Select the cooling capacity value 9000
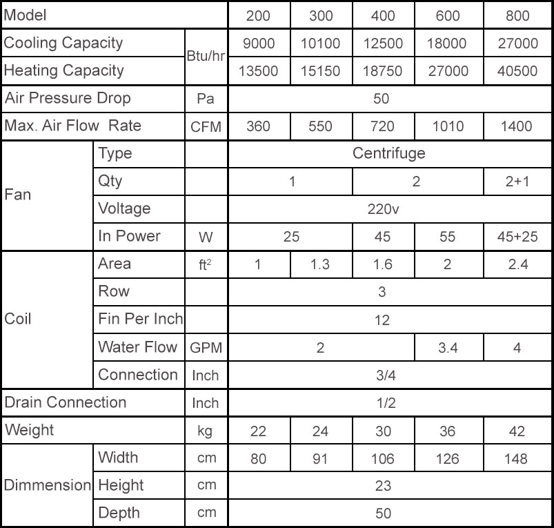click(259, 43)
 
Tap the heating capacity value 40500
click(517, 71)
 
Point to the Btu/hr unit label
click(206, 57)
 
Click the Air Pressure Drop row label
click(68, 98)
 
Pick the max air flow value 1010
click(447, 126)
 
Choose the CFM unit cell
click(206, 126)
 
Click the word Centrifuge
click(388, 153)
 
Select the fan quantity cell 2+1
click(517, 182)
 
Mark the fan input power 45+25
click(517, 237)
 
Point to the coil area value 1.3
click(320, 264)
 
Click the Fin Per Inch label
click(141, 320)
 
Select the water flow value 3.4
click(447, 347)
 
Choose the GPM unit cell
click(206, 348)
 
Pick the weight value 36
click(447, 431)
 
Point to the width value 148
click(517, 458)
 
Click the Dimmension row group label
click(47, 485)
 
